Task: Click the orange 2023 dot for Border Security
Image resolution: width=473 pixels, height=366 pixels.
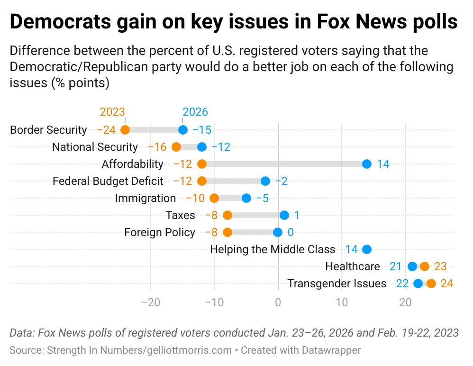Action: click(125, 130)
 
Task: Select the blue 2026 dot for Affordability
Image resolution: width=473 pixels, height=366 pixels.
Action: click(366, 164)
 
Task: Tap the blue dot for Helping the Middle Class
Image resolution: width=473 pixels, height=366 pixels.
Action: click(366, 249)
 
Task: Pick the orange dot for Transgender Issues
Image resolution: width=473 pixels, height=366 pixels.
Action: click(431, 284)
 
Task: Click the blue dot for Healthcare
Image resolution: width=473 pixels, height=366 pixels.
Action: click(412, 266)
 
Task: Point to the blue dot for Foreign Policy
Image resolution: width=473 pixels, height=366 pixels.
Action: click(278, 232)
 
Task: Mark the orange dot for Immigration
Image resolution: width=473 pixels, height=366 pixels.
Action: click(214, 198)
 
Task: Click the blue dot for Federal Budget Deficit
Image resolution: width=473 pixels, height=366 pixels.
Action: click(265, 181)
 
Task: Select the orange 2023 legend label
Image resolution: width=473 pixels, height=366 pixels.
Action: click(112, 112)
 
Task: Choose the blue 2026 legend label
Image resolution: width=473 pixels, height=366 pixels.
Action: click(195, 112)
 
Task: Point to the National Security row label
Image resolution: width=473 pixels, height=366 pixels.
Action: click(95, 147)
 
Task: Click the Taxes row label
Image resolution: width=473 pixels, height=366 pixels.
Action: click(180, 215)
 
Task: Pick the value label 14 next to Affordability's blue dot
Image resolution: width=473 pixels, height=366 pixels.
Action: click(383, 164)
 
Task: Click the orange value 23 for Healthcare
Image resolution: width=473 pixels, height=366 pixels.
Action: click(440, 266)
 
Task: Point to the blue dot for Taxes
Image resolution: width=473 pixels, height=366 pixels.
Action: click(284, 215)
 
